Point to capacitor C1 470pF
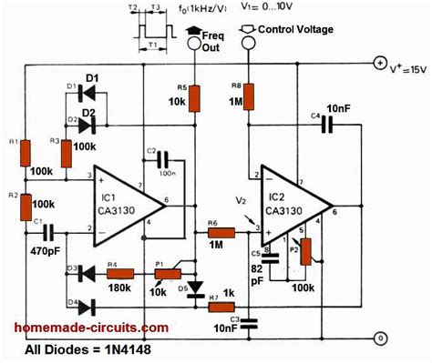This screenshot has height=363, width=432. coord(46,233)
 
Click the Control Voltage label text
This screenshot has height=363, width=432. coord(295,28)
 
